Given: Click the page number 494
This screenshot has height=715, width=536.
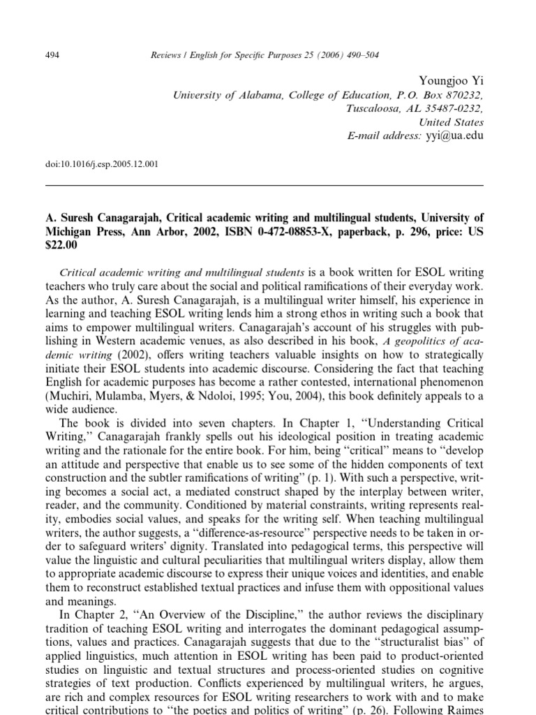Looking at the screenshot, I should coord(52,55).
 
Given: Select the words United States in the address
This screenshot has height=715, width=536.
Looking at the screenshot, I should coord(455,122).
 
